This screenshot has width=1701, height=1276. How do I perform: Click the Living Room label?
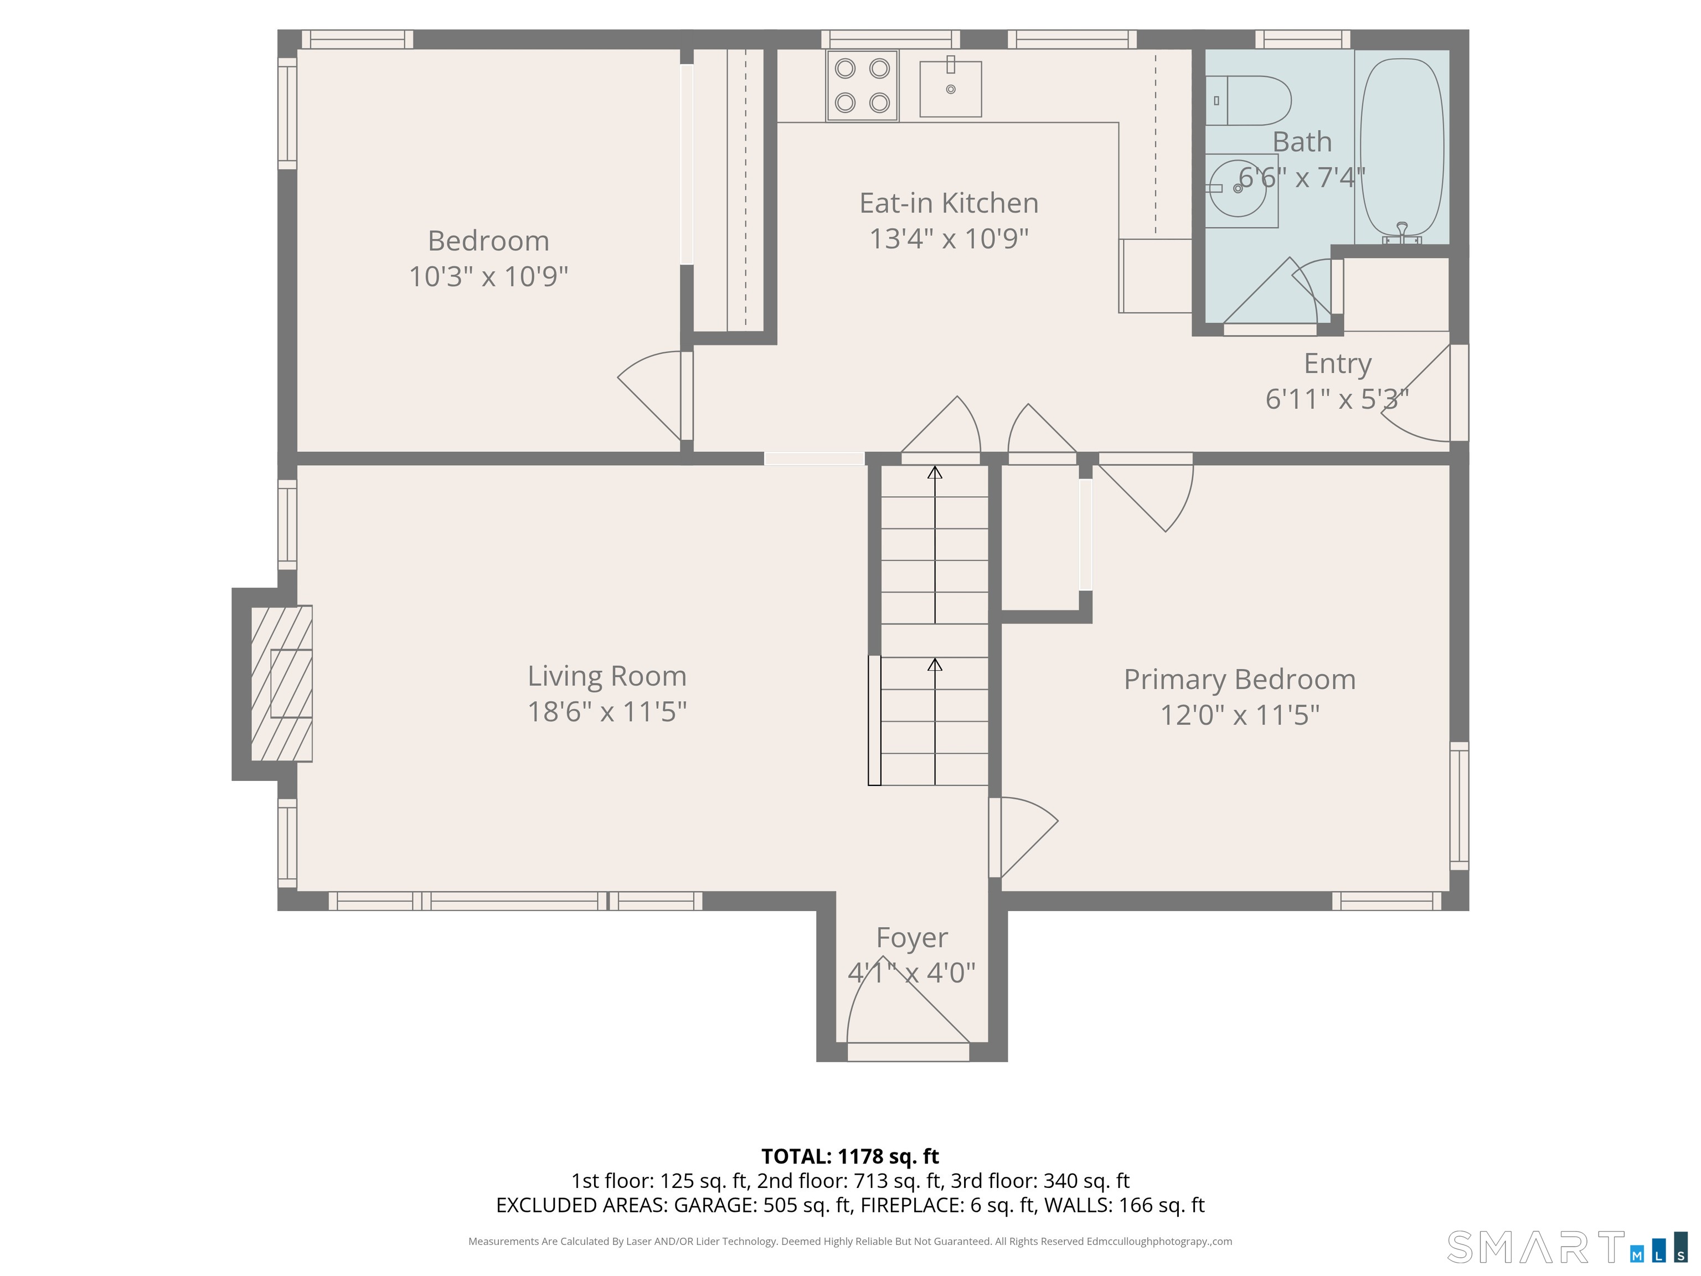click(607, 676)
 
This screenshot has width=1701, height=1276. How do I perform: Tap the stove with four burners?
click(862, 85)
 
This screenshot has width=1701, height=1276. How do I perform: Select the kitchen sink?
click(951, 89)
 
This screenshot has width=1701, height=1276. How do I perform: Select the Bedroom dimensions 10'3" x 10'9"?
click(488, 276)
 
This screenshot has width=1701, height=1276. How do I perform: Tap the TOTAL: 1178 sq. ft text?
click(850, 1156)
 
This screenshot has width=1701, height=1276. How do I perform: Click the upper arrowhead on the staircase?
click(934, 472)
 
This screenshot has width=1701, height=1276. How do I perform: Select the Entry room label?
click(1337, 363)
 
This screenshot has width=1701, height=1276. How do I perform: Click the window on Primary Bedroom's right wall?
click(1459, 805)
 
